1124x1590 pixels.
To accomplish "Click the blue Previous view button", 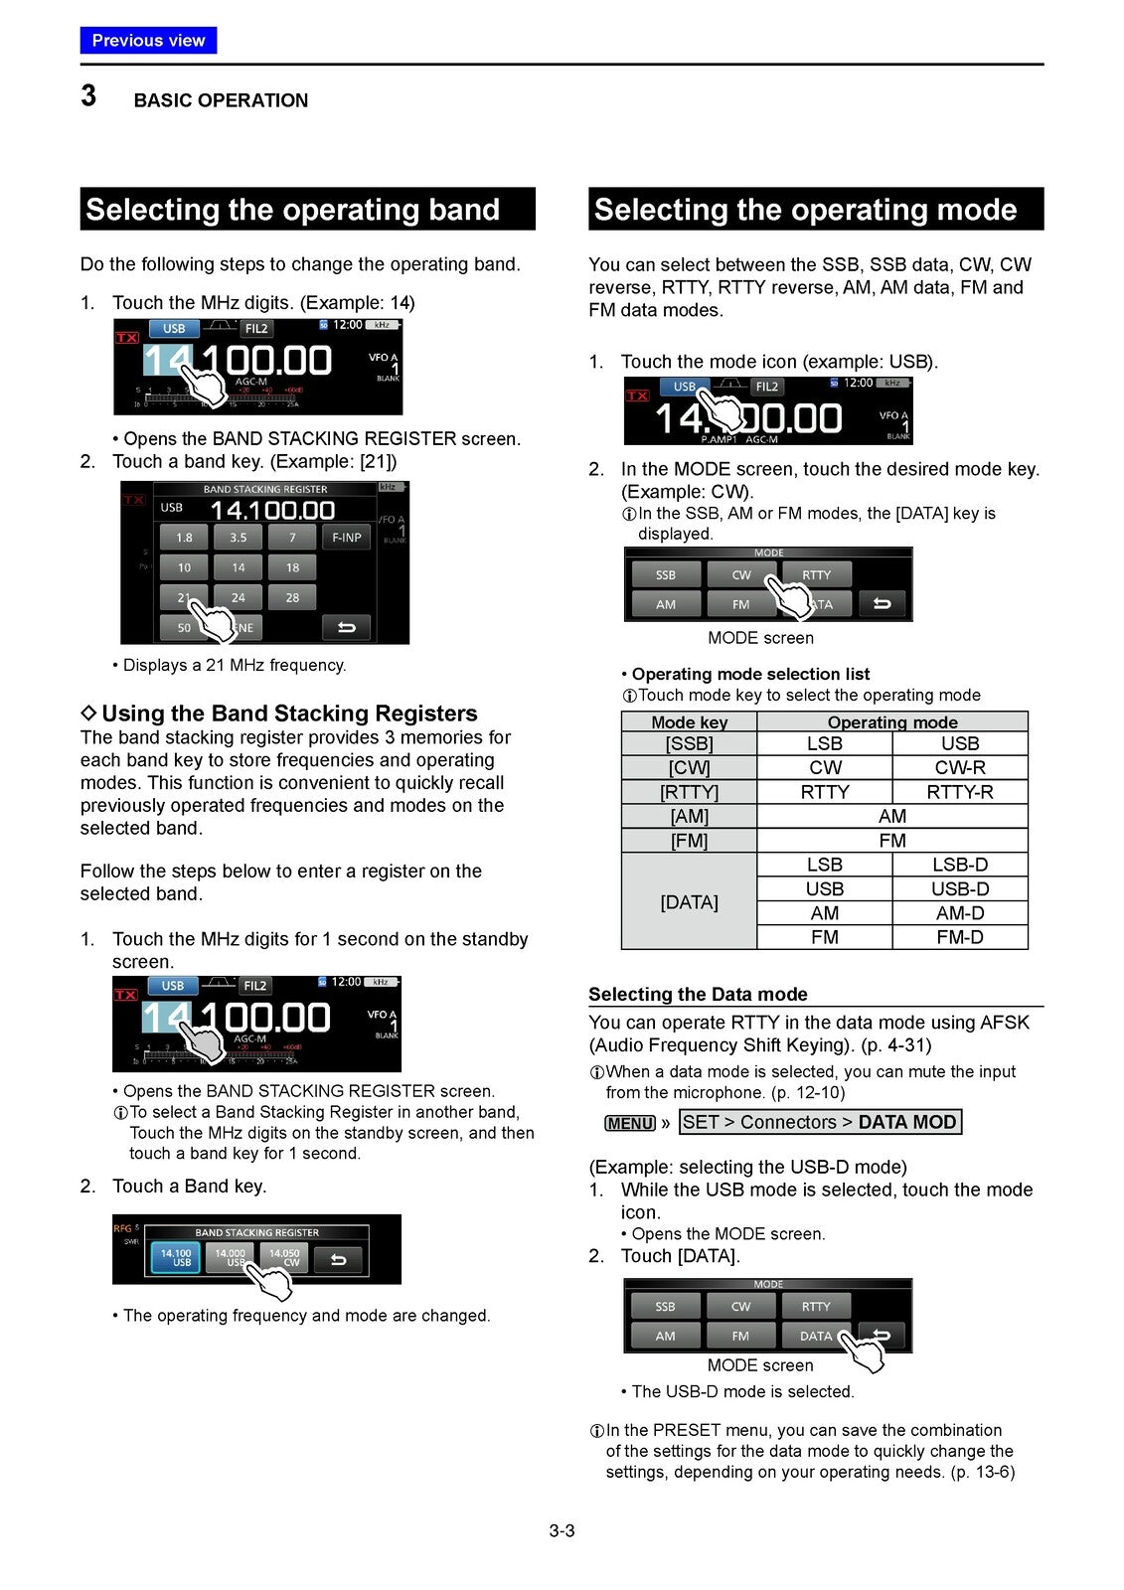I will click(148, 41).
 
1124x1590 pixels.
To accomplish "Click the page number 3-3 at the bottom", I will click(562, 1530).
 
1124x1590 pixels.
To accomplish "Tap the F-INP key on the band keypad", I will click(346, 538).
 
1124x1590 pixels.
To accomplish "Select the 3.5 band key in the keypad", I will click(239, 538).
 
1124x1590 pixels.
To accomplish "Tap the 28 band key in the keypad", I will click(292, 598).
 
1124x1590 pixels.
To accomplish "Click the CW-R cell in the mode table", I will click(959, 767).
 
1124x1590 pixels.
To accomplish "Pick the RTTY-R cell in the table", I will click(959, 792).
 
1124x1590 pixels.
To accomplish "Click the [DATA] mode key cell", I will click(689, 901).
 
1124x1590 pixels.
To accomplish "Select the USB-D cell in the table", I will click(959, 888).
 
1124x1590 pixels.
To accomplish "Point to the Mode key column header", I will click(689, 722).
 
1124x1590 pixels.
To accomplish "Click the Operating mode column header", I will click(891, 722).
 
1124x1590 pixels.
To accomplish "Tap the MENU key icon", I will click(630, 1123).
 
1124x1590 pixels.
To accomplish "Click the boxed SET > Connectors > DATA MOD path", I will click(820, 1122).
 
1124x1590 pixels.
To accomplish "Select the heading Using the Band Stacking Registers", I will click(288, 714).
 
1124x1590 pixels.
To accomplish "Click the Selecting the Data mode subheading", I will click(698, 995).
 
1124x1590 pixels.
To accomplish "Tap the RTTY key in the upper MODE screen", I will click(816, 575).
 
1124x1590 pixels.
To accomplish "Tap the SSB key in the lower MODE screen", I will click(665, 1307).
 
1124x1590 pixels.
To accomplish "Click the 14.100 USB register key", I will click(176, 1258).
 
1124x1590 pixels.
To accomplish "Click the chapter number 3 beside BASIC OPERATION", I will click(88, 96).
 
